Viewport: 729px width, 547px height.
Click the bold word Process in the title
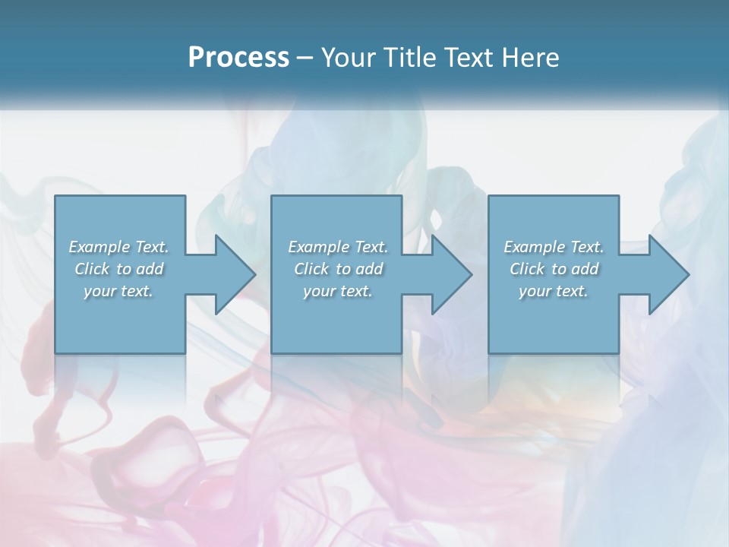click(238, 58)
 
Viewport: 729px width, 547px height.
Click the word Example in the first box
click(99, 247)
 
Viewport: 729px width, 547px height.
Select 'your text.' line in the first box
click(118, 291)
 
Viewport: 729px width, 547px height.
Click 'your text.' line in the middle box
click(338, 291)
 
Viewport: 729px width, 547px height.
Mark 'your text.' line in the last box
click(554, 291)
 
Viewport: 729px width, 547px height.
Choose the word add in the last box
click(586, 269)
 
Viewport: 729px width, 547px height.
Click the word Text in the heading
click(468, 58)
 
